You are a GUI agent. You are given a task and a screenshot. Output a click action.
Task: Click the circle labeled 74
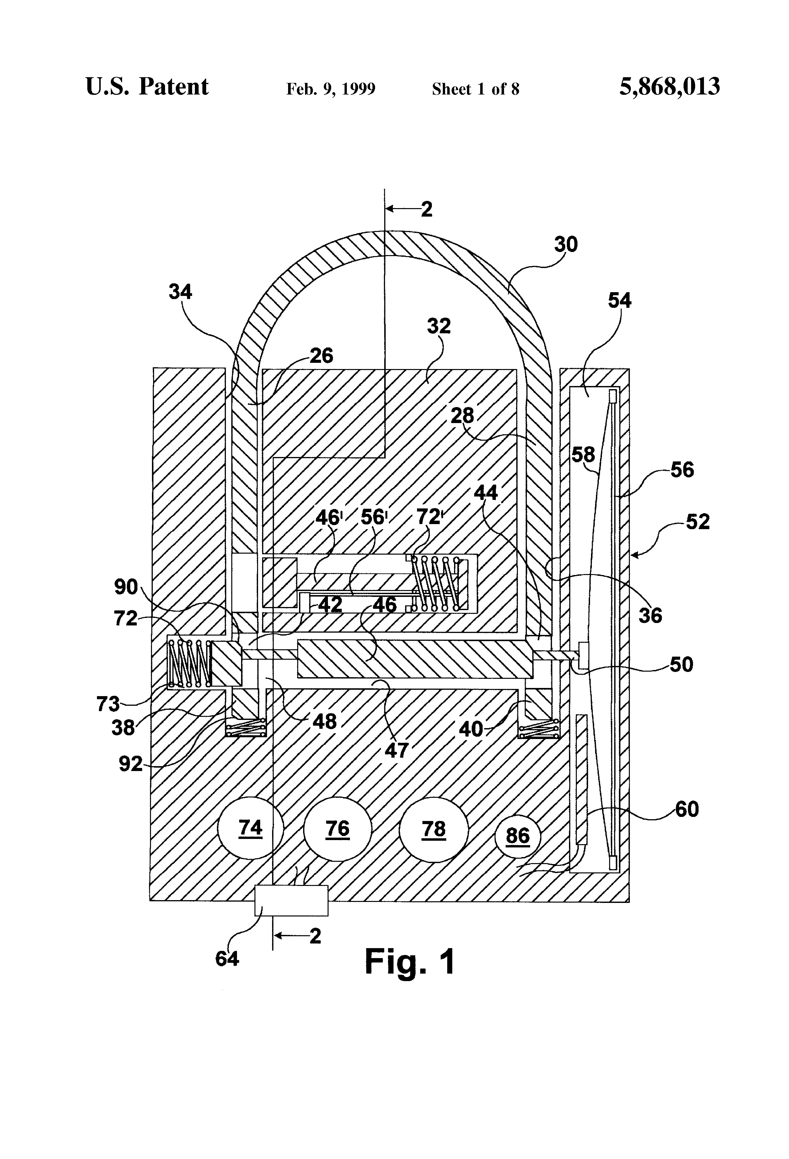coord(250,829)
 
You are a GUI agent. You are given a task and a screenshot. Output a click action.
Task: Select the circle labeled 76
coord(338,829)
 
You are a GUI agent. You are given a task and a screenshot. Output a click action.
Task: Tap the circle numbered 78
coord(434,829)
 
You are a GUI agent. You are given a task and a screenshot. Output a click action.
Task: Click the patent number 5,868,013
coord(669,87)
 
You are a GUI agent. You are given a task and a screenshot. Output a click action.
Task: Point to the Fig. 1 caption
coord(410,962)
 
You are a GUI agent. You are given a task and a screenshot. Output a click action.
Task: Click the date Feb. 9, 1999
coord(331,89)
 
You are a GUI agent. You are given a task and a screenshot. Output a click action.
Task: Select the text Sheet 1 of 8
coord(475,89)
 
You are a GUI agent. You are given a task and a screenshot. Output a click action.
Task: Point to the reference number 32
coord(439,326)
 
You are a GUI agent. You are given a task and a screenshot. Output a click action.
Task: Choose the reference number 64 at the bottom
coord(227,958)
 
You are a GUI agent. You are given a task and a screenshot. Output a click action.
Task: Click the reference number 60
coord(687,809)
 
